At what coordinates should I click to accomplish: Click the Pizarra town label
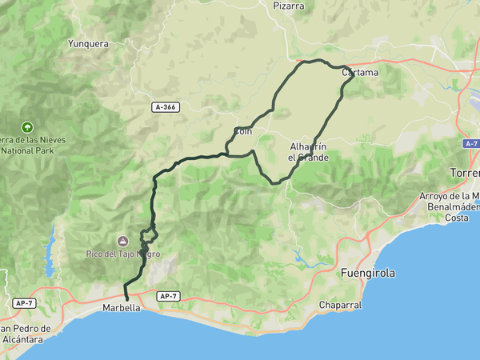point(289,6)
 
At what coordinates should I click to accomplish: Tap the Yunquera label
point(88,44)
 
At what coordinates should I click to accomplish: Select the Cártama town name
point(359,73)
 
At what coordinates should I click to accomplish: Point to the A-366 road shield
point(165,106)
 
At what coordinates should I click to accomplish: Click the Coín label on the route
point(243,131)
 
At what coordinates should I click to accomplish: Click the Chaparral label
point(341,305)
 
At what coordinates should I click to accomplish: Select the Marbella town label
point(122,308)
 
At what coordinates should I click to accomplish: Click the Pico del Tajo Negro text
point(123,254)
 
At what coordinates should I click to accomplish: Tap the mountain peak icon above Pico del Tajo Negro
point(123,241)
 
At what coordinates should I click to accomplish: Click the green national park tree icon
point(27,126)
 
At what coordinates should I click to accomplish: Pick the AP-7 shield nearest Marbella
point(167,296)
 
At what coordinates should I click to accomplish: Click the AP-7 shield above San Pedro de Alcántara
point(24,303)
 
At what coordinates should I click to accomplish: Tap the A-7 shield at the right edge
point(470,143)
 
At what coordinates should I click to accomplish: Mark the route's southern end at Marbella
point(127,300)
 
